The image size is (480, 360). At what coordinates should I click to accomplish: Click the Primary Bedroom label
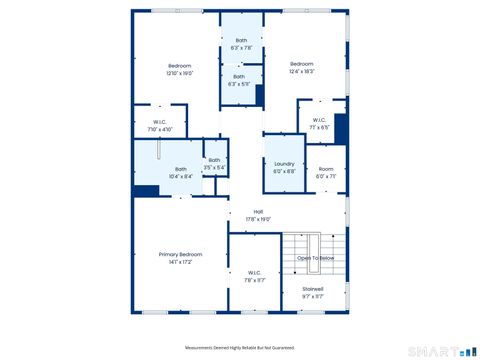180,255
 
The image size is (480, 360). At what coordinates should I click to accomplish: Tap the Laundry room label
284,164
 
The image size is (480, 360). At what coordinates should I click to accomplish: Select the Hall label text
258,211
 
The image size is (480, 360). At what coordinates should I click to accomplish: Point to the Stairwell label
313,289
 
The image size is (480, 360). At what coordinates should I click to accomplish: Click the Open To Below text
315,258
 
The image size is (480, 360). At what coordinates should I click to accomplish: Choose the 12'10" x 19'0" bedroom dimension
179,73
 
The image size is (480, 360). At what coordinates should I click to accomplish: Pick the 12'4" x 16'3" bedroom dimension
302,71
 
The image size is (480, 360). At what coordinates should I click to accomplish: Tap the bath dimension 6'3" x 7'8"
241,47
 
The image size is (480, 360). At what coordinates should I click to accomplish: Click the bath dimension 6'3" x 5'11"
240,83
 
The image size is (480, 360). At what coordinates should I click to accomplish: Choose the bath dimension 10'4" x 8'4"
180,176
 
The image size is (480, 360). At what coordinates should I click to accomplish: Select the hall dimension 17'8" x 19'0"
258,219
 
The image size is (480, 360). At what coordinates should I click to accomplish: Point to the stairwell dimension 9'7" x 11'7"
313,297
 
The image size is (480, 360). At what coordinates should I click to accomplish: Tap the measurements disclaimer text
240,348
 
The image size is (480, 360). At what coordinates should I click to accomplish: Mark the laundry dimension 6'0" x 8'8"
284,171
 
